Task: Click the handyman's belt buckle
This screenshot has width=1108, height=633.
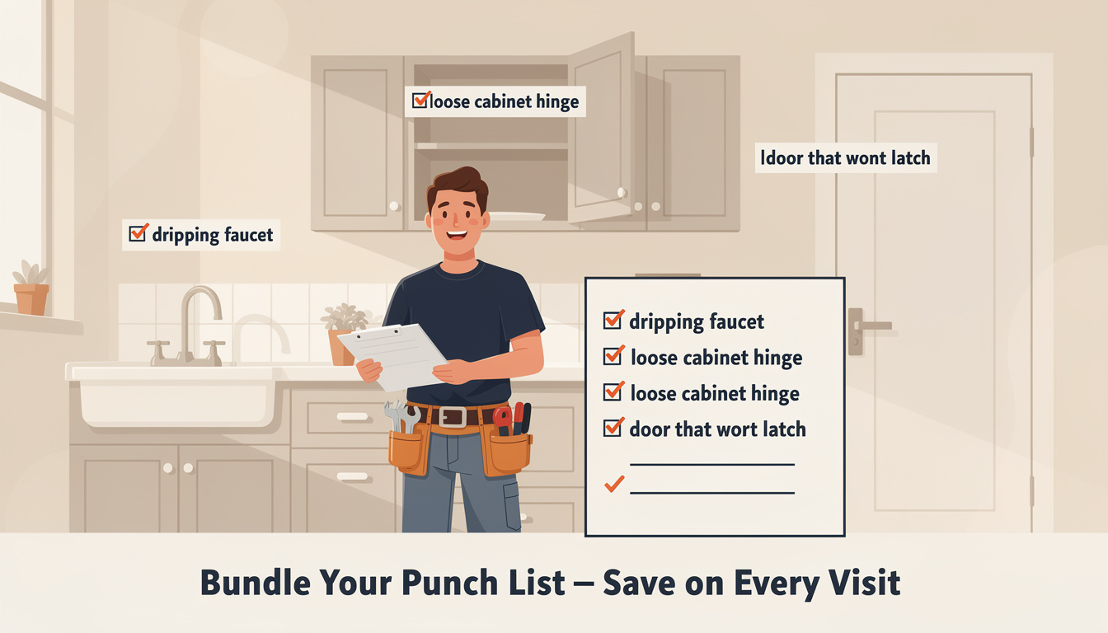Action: [x=453, y=416]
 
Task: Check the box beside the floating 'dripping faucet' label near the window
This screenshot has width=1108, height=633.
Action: [x=138, y=233]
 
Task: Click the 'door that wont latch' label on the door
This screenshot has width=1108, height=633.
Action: [x=846, y=157]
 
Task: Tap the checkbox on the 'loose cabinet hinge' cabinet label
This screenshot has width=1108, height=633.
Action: [x=420, y=101]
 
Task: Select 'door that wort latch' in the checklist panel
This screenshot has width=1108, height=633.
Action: [x=717, y=429]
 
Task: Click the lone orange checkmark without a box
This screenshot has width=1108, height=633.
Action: [x=614, y=485]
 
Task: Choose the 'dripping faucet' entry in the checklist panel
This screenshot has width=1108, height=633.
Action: [x=697, y=321]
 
